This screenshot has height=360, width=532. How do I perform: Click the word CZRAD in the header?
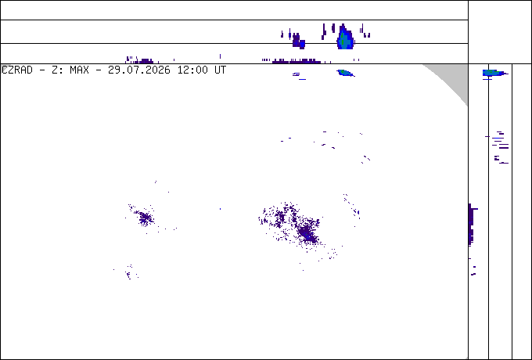click(17, 70)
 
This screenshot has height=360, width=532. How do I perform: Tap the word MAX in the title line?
click(79, 70)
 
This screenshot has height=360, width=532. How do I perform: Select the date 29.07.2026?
click(139, 70)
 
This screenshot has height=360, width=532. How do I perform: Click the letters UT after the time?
click(220, 70)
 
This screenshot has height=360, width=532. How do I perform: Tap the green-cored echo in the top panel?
click(345, 38)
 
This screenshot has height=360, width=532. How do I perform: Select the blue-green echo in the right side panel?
click(494, 73)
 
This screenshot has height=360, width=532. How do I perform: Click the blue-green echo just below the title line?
click(345, 73)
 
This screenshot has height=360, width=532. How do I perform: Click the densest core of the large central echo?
click(307, 232)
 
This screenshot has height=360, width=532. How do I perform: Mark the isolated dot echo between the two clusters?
click(220, 209)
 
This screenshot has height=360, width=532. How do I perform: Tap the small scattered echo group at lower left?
click(129, 272)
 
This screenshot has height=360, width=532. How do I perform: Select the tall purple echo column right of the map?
click(471, 225)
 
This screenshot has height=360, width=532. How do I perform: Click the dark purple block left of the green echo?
click(298, 41)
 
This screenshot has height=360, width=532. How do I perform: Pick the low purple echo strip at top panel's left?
click(139, 60)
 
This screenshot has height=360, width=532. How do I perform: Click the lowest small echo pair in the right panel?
click(473, 271)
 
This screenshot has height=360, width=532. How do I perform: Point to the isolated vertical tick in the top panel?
click(220, 56)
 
